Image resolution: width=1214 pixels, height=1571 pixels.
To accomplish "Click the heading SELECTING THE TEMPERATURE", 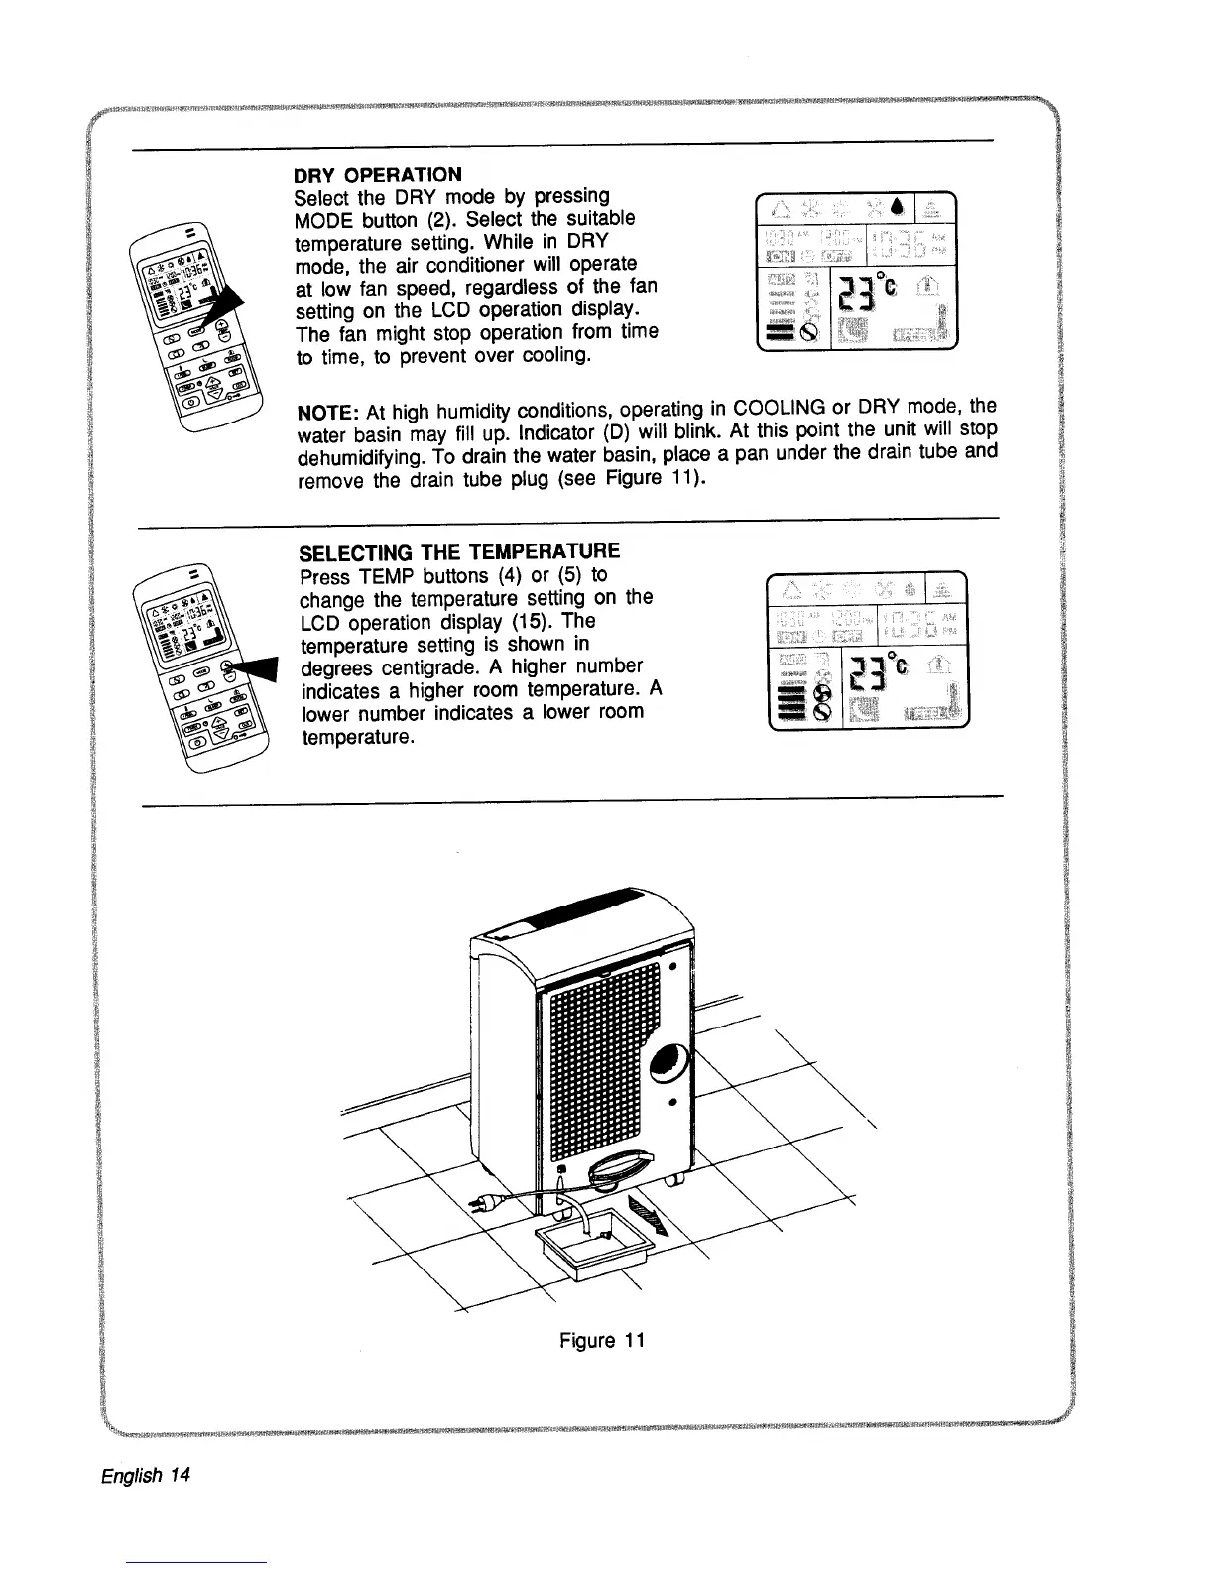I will [x=459, y=551].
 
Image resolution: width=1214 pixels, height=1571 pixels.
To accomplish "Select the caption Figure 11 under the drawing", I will [x=602, y=1341].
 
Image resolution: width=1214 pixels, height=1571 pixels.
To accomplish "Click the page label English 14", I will [x=146, y=1474].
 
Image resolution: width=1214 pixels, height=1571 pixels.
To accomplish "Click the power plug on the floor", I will [x=484, y=1203].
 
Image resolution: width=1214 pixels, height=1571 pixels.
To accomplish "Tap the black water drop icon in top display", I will [x=897, y=207].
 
